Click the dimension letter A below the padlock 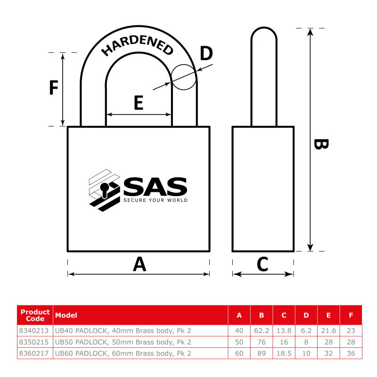(139, 264)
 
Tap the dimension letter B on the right (320, 144)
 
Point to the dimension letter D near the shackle (206, 54)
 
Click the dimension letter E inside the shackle (138, 102)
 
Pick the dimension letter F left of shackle (54, 88)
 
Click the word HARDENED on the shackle (138, 45)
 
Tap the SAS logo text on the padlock (155, 187)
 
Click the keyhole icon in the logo (105, 189)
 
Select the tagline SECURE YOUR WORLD (155, 200)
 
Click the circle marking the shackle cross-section (184, 77)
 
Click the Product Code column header (35, 315)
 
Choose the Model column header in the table (66, 315)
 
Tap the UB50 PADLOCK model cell (123, 342)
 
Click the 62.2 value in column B (262, 330)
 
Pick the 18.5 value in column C (284, 353)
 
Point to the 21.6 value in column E (328, 330)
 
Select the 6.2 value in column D (306, 330)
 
